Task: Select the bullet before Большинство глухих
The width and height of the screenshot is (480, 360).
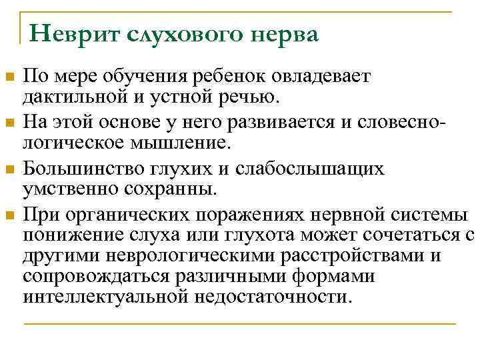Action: coord(9,168)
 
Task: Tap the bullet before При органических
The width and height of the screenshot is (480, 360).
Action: coord(9,214)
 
